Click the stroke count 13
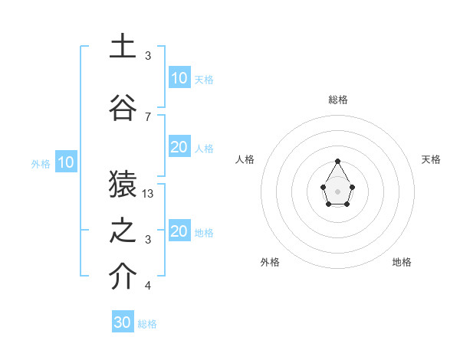148,194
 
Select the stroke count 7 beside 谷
148,116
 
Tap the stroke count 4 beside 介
148,286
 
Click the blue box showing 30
123,322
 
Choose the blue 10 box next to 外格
65,162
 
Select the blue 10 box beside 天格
179,78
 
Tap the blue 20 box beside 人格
179,147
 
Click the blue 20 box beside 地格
179,232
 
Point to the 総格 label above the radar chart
337,100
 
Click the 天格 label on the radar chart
432,159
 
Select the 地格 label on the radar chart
402,262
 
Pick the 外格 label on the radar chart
270,262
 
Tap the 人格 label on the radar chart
245,159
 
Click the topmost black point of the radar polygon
338,161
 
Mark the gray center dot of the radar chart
338,191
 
